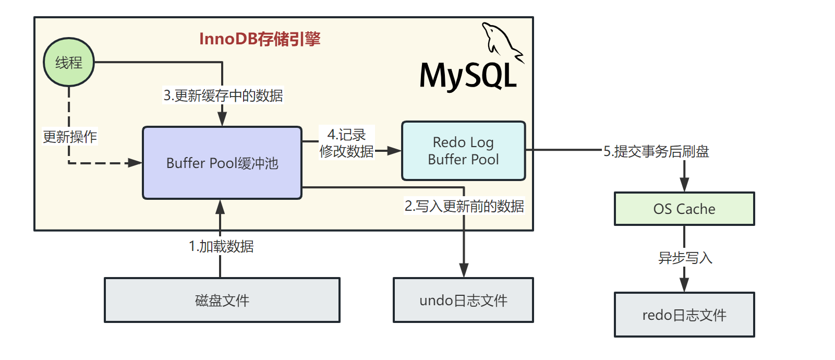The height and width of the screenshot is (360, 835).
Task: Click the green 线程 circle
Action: pyautogui.click(x=69, y=62)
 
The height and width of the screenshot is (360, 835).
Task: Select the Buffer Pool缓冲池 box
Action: pyautogui.click(x=222, y=163)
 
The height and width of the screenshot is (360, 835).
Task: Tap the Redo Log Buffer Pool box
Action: pyautogui.click(x=463, y=151)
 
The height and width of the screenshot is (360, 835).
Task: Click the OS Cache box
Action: pyautogui.click(x=684, y=209)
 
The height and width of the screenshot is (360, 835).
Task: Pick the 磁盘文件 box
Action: pyautogui.click(x=222, y=300)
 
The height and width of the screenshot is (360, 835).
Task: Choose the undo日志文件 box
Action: pyautogui.click(x=463, y=300)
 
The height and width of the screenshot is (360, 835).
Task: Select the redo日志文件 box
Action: pyautogui.click(x=684, y=315)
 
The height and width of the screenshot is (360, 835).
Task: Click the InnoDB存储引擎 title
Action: pyautogui.click(x=260, y=39)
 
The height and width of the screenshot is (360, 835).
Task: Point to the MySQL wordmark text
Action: pyautogui.click(x=468, y=76)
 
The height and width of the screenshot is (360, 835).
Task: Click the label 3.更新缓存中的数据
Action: pyautogui.click(x=223, y=95)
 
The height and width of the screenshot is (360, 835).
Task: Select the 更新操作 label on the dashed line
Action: pyautogui.click(x=70, y=137)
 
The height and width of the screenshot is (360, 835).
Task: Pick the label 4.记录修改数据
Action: pyautogui.click(x=347, y=143)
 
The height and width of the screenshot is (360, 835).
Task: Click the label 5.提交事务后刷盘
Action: pyautogui.click(x=656, y=151)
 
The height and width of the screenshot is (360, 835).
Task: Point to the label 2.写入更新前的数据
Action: pyautogui.click(x=465, y=206)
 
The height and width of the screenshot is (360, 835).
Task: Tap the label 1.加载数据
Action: pyautogui.click(x=221, y=246)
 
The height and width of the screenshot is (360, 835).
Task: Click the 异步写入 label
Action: pyautogui.click(x=685, y=258)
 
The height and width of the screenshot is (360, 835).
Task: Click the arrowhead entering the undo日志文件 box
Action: pyautogui.click(x=464, y=270)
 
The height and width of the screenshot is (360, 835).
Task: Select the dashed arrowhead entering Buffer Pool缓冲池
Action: pyautogui.click(x=135, y=163)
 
